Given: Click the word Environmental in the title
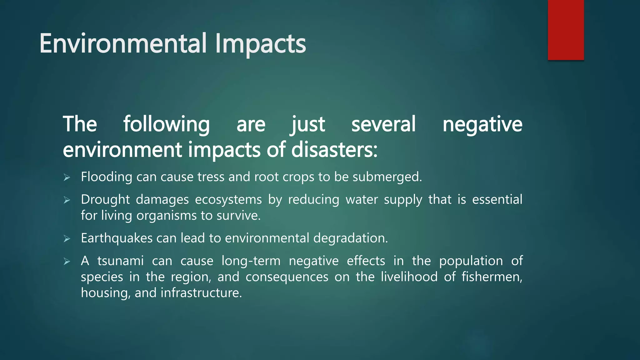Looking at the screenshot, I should pos(123,43).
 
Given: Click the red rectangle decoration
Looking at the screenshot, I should pos(566,30).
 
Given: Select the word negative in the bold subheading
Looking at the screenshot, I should pos(482,124).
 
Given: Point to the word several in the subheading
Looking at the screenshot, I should pos(383,124).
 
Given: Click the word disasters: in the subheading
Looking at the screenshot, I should pos(334,150).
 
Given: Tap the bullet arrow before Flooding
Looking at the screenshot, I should pos(67,177).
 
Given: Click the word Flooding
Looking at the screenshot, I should pos(107,177).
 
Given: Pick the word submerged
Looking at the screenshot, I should pos(387,177).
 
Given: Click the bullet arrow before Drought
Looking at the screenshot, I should pos(67,200).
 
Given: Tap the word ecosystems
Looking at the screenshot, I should pos(228,200).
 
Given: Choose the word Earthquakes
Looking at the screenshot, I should pos(116,238).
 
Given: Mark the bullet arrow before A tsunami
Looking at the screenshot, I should pos(67,261).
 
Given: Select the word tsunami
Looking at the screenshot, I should pos(120,261).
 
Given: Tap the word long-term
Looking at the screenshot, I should pos(251,261).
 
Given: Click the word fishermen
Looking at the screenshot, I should pos(492,277).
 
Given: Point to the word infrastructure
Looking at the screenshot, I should pos(201,293).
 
